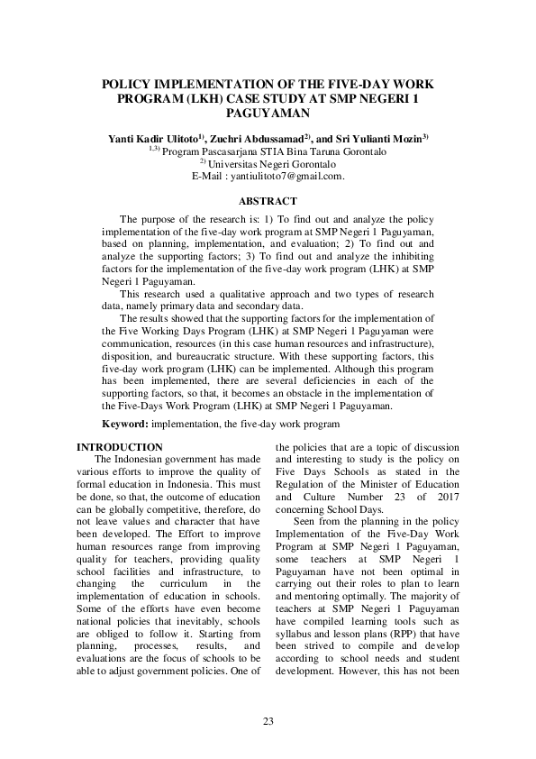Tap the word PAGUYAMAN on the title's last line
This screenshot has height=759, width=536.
[268, 114]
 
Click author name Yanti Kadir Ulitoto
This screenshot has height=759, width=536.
[156, 140]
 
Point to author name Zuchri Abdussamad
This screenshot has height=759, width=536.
[260, 140]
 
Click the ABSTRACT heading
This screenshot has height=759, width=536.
[268, 200]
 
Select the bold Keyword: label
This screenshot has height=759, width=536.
[125, 423]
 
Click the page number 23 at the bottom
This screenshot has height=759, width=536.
[268, 721]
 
